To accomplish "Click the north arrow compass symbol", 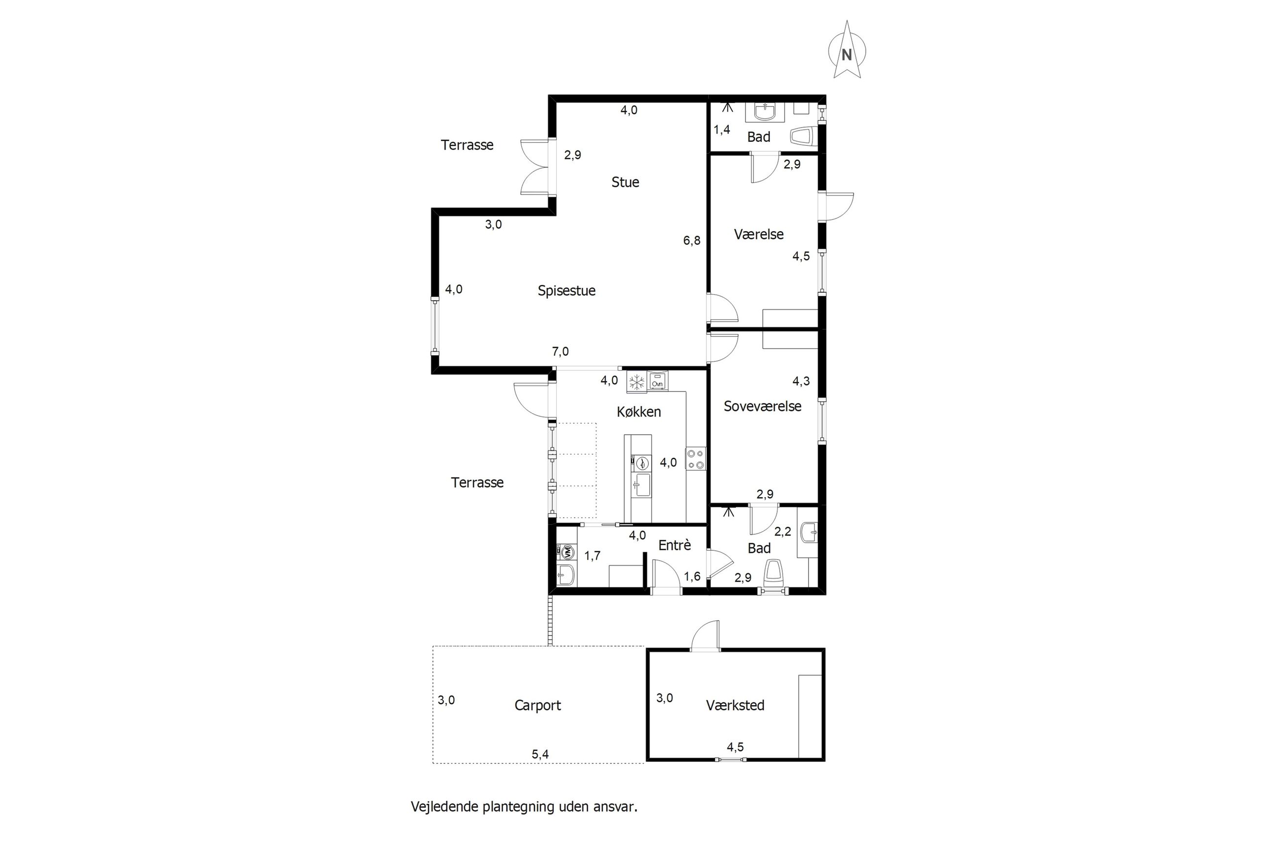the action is coord(846,50).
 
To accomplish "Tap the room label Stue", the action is coord(625,182).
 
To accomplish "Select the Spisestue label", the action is coord(566,291).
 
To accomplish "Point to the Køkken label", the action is coord(638,412).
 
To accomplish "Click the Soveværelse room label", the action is coord(762,406).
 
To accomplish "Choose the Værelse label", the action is coord(758,235).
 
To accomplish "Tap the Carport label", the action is coord(537,705).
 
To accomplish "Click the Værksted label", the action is coord(735,705).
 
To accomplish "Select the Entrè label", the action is coord(675,545).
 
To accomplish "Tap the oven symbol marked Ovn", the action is coord(657,381).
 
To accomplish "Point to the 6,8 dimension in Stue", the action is coord(691,240).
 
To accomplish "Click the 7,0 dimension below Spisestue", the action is coord(560,352).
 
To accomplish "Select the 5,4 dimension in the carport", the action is coord(540,755).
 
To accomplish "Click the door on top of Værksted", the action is coord(705,635).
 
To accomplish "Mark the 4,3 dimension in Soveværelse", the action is coord(801,381).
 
